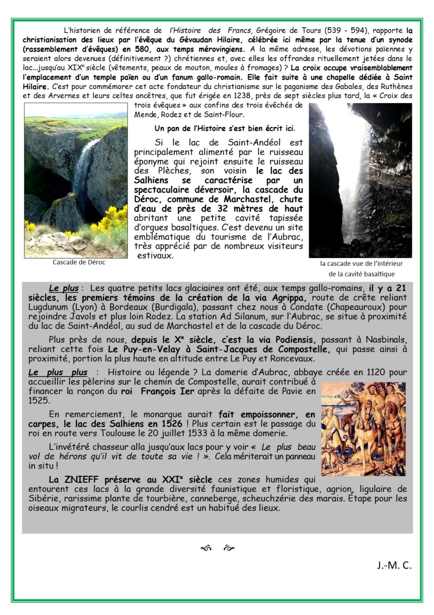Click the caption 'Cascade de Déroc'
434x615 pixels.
pos(79,262)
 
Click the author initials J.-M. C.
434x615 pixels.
pos(394,565)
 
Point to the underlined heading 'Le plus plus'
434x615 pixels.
pos(58,372)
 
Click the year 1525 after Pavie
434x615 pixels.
pos(39,400)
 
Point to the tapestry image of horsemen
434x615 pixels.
pos(363,429)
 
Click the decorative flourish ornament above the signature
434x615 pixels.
pos(217,549)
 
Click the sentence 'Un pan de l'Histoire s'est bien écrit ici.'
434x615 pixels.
pos(225,128)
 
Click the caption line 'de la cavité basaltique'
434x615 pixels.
pos(361,274)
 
